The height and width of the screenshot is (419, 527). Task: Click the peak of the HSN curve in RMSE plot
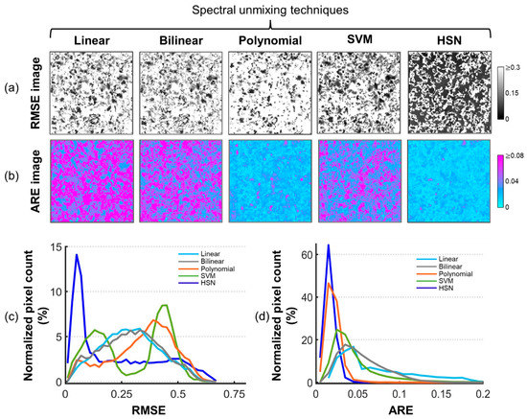[x=77, y=255]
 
